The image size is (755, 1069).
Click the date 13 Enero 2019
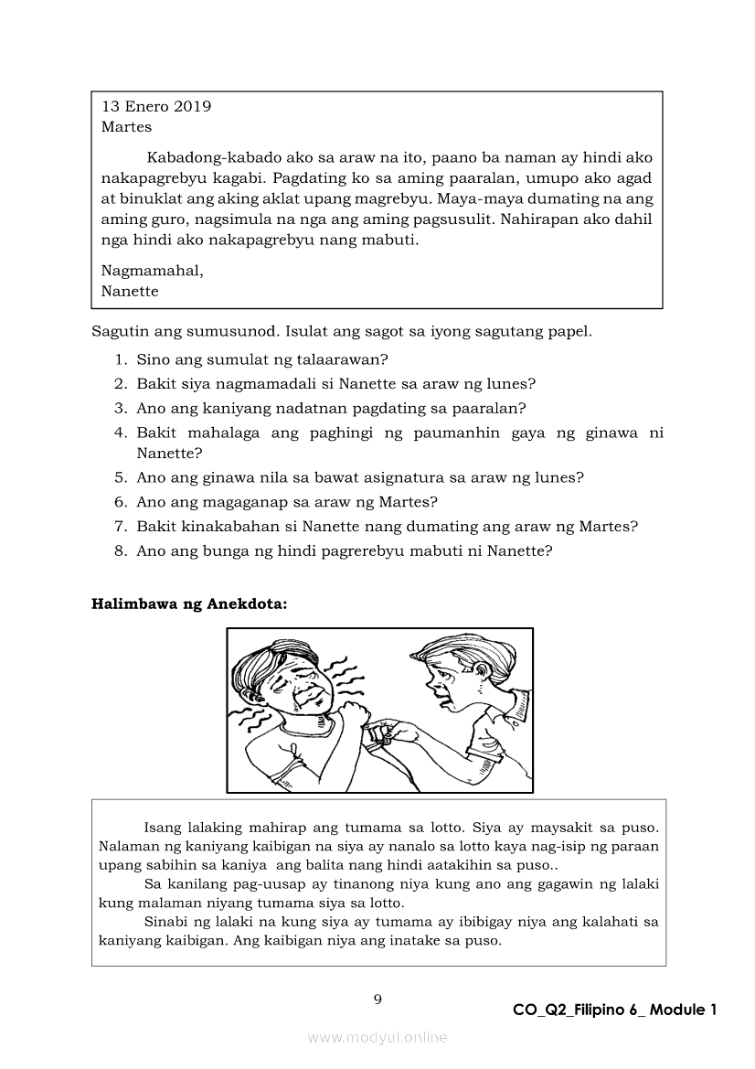coord(156,106)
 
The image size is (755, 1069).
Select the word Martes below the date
coord(126,127)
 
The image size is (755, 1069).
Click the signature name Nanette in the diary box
coord(130,292)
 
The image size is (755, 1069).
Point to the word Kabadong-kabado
coord(202,158)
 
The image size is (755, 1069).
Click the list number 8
coord(120,551)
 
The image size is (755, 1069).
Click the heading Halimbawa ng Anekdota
coord(189,604)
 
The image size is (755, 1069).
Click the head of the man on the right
coord(448,672)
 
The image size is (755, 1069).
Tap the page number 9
coord(377,999)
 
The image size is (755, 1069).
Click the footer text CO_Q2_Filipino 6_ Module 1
coord(615,1010)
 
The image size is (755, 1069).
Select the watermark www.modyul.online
coord(377,1037)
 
